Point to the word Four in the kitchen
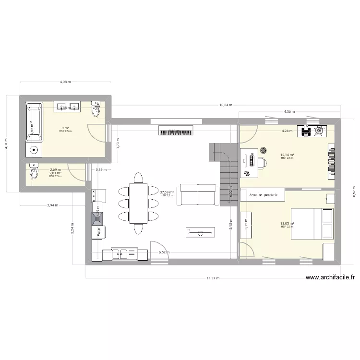pyautogui.click(x=99, y=233)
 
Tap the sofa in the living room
pyautogui.click(x=196, y=194)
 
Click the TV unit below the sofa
pyautogui.click(x=200, y=232)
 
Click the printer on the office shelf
pyautogui.click(x=305, y=131)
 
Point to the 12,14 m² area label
pyautogui.click(x=288, y=155)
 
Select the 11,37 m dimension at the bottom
pyautogui.click(x=211, y=278)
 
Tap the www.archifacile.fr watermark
pyautogui.click(x=330, y=277)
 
